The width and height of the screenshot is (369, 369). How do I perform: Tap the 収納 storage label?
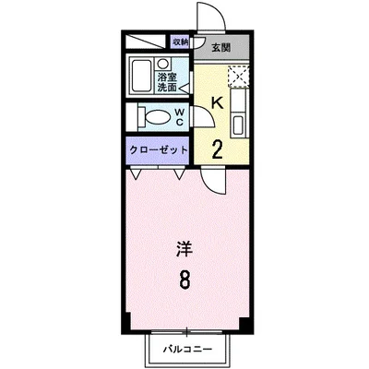[x=180, y=42]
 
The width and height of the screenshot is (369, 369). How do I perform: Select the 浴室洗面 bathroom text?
[x=166, y=84]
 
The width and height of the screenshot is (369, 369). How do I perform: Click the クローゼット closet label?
[x=158, y=149]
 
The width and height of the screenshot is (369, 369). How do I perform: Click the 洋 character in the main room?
[x=184, y=248]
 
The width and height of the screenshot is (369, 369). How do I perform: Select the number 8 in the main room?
[x=185, y=280]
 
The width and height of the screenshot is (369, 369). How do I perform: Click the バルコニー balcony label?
[x=188, y=351]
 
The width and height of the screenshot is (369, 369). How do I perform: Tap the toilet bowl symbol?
[x=156, y=116]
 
